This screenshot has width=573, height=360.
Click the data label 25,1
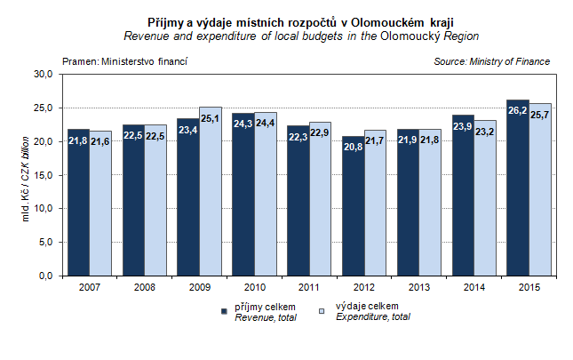click(210, 117)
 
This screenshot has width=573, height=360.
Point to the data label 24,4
click(265, 124)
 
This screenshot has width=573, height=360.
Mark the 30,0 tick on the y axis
click(45, 75)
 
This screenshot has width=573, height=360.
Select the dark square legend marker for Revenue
click(224, 311)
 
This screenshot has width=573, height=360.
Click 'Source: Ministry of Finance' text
click(491, 61)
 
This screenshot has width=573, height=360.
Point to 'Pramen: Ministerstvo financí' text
click(124, 61)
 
